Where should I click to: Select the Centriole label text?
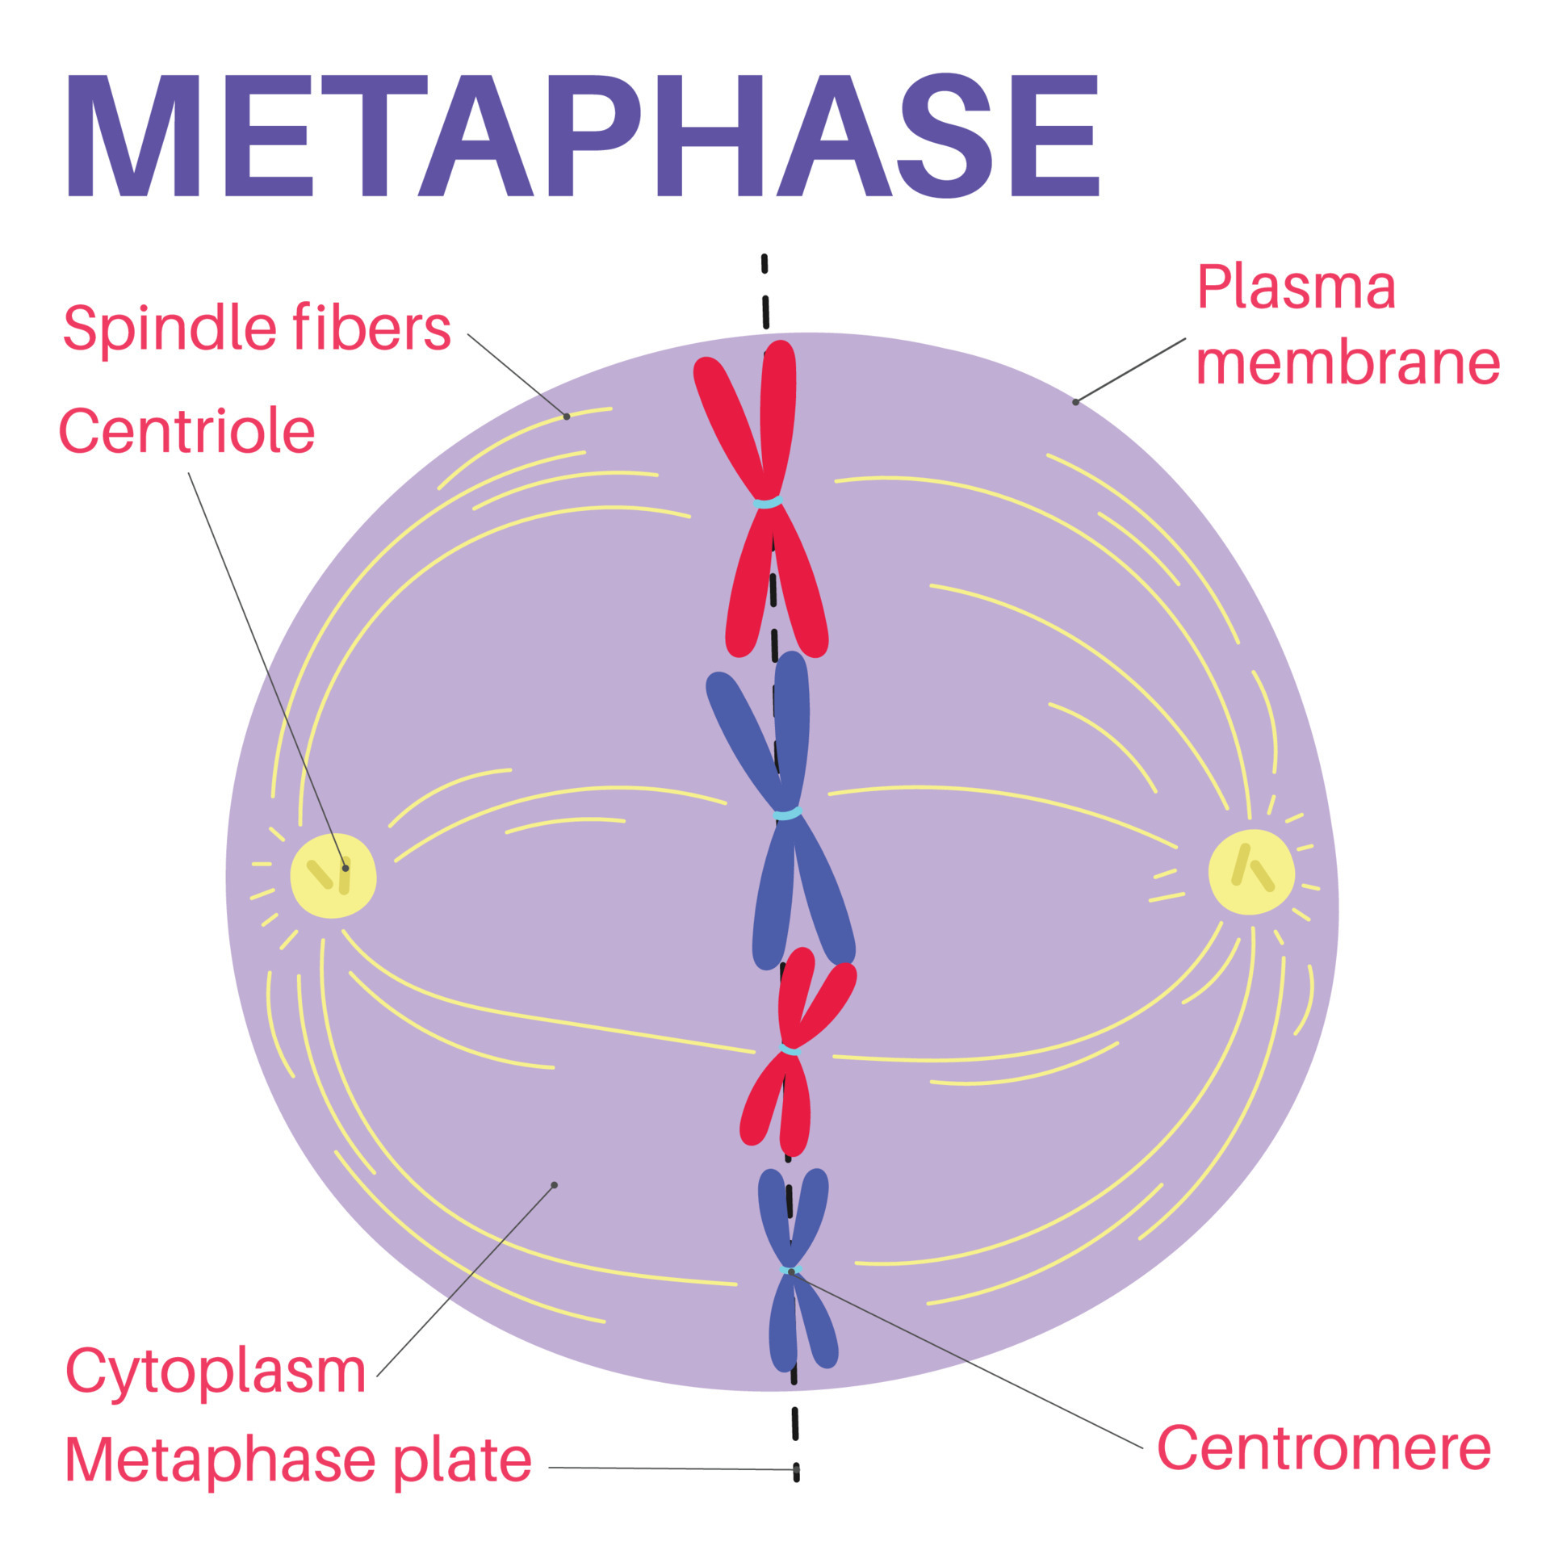186,431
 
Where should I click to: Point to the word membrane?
1347,362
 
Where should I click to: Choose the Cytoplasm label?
216,1370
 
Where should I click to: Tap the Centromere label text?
1323,1447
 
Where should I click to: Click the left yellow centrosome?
333,875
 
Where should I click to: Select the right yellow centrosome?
1250,872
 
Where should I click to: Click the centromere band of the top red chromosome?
767,503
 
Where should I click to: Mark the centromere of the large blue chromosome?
787,814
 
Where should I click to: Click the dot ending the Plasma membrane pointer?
1075,402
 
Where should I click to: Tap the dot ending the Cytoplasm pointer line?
554,1185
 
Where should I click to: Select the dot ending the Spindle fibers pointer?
567,417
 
